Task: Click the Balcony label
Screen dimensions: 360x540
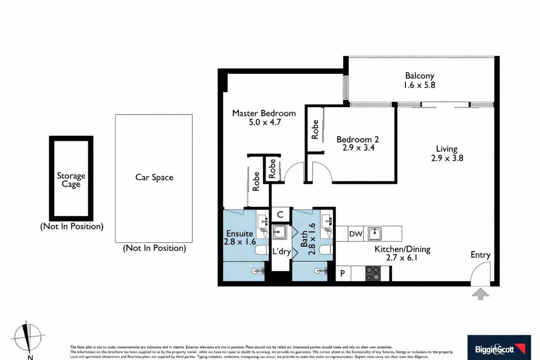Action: point(419,76)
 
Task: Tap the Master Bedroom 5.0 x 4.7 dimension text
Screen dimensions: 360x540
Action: point(265,122)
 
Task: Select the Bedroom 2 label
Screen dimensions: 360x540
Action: point(357,139)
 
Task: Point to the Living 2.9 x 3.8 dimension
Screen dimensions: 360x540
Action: point(447,158)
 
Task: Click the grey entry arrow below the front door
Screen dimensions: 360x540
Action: point(480,294)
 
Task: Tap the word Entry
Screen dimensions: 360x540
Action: point(480,255)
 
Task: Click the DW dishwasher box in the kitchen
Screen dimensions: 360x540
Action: point(356,234)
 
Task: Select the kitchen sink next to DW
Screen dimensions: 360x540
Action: point(375,234)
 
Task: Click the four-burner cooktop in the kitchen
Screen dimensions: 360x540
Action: point(373,273)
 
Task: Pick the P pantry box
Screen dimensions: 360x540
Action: point(343,274)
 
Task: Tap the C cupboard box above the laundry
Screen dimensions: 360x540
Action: point(280,215)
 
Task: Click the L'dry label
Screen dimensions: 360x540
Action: point(281,251)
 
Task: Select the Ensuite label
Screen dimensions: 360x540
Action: point(240,233)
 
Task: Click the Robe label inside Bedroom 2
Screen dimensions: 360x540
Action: point(315,129)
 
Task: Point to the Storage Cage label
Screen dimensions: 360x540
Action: point(71,180)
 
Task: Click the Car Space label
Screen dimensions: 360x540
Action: point(154,177)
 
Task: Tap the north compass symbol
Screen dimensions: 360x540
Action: point(28,337)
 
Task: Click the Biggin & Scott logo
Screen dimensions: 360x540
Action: point(499,349)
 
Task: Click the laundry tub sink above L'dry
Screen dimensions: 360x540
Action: point(279,232)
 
